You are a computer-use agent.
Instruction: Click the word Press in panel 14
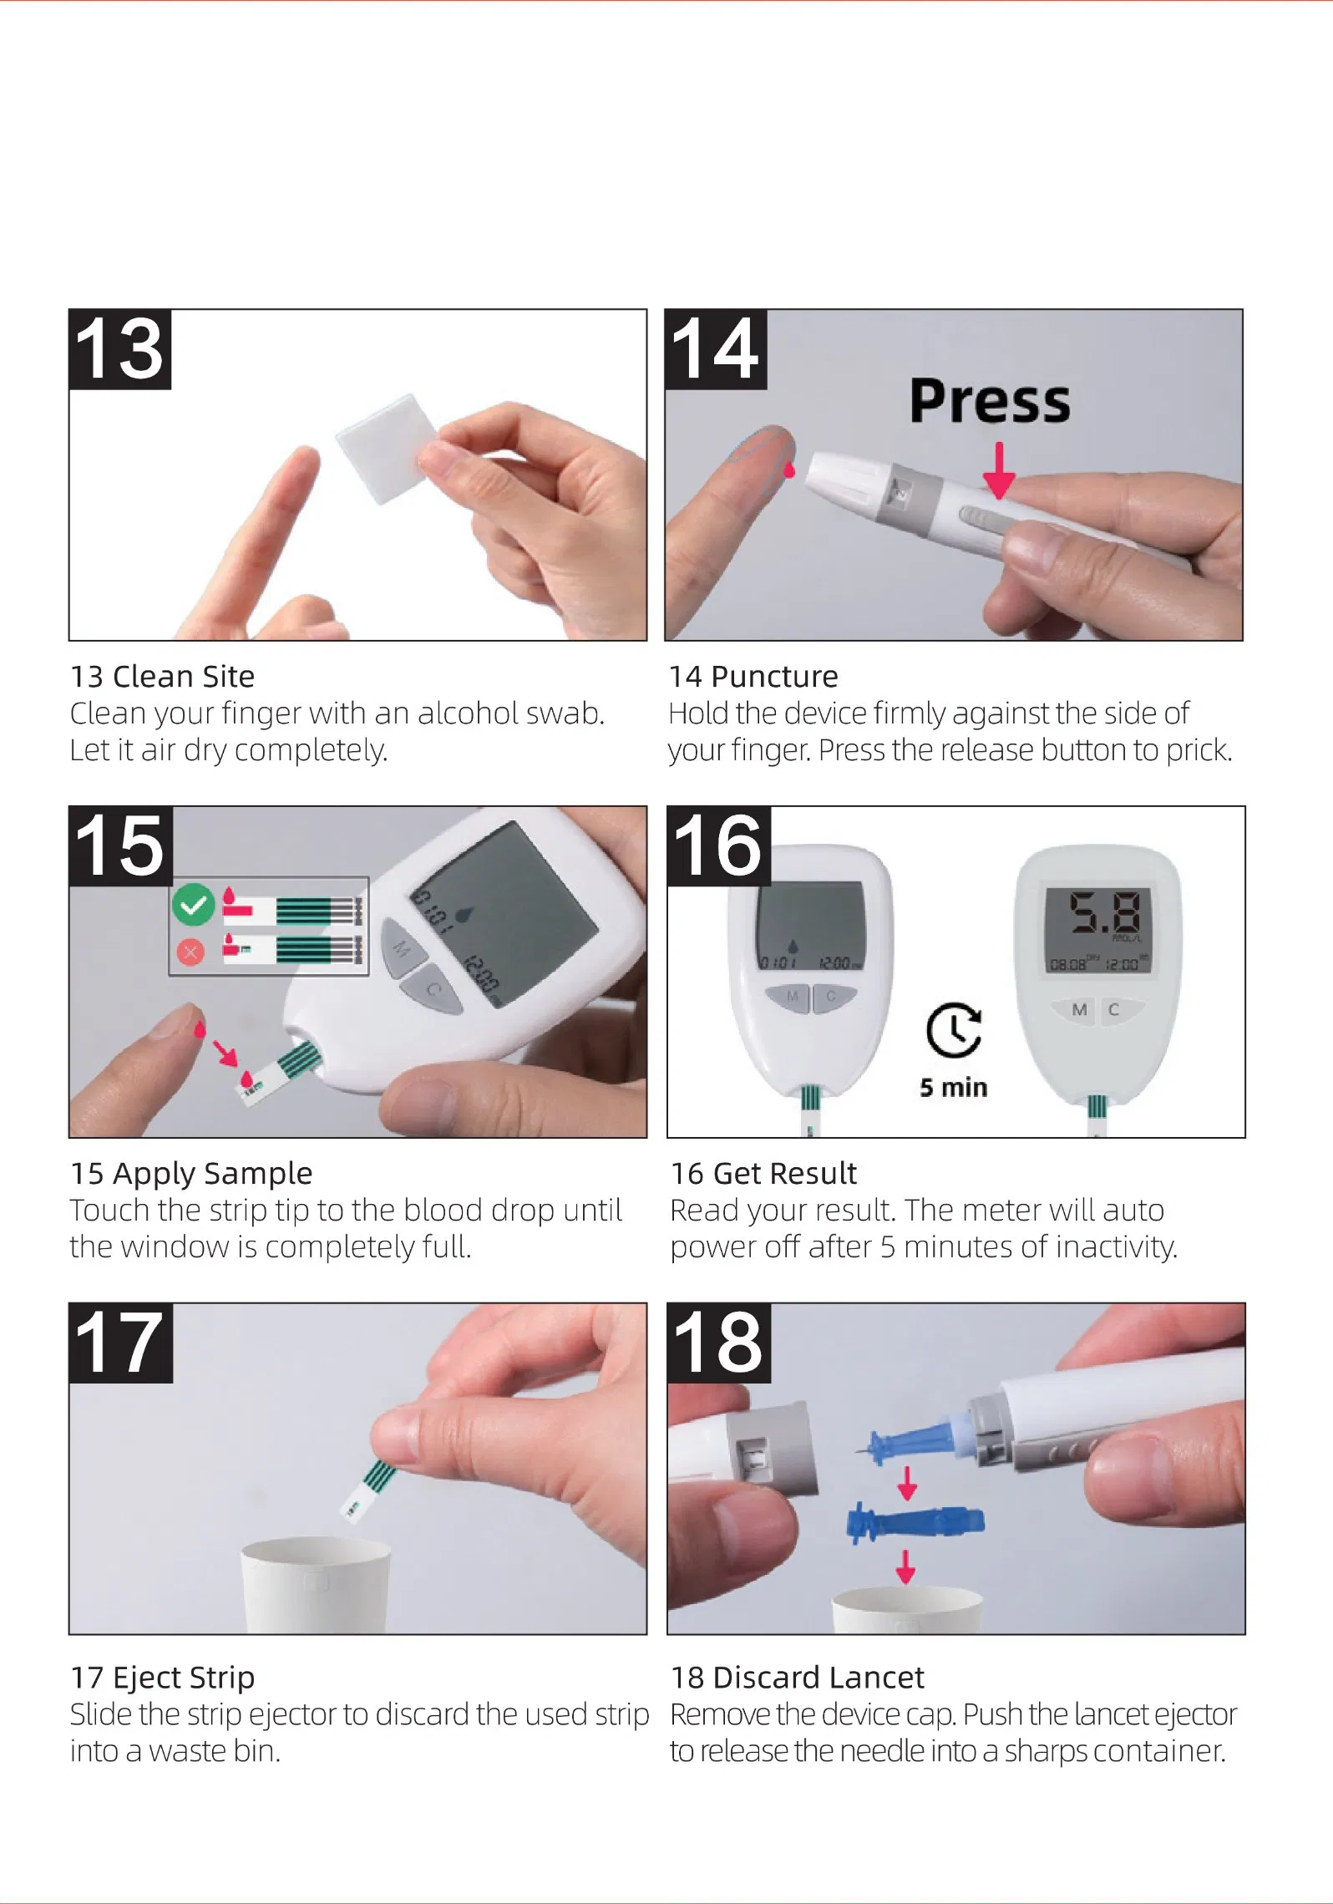pos(989,402)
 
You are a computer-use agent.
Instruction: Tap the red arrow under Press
pos(998,472)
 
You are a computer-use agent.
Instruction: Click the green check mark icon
pos(194,905)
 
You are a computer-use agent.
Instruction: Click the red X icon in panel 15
pos(190,951)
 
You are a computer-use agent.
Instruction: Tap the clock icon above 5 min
pos(953,1030)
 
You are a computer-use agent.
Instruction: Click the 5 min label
pos(953,1088)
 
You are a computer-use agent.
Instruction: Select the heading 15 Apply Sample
pos(191,1173)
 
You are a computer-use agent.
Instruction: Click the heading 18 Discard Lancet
pos(797,1677)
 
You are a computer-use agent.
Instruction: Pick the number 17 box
pos(120,1343)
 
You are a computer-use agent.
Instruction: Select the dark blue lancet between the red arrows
pos(915,1521)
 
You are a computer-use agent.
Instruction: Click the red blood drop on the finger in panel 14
pos(789,470)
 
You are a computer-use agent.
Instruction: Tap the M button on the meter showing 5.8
pos(1079,1010)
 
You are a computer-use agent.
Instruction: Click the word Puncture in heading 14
pos(774,676)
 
